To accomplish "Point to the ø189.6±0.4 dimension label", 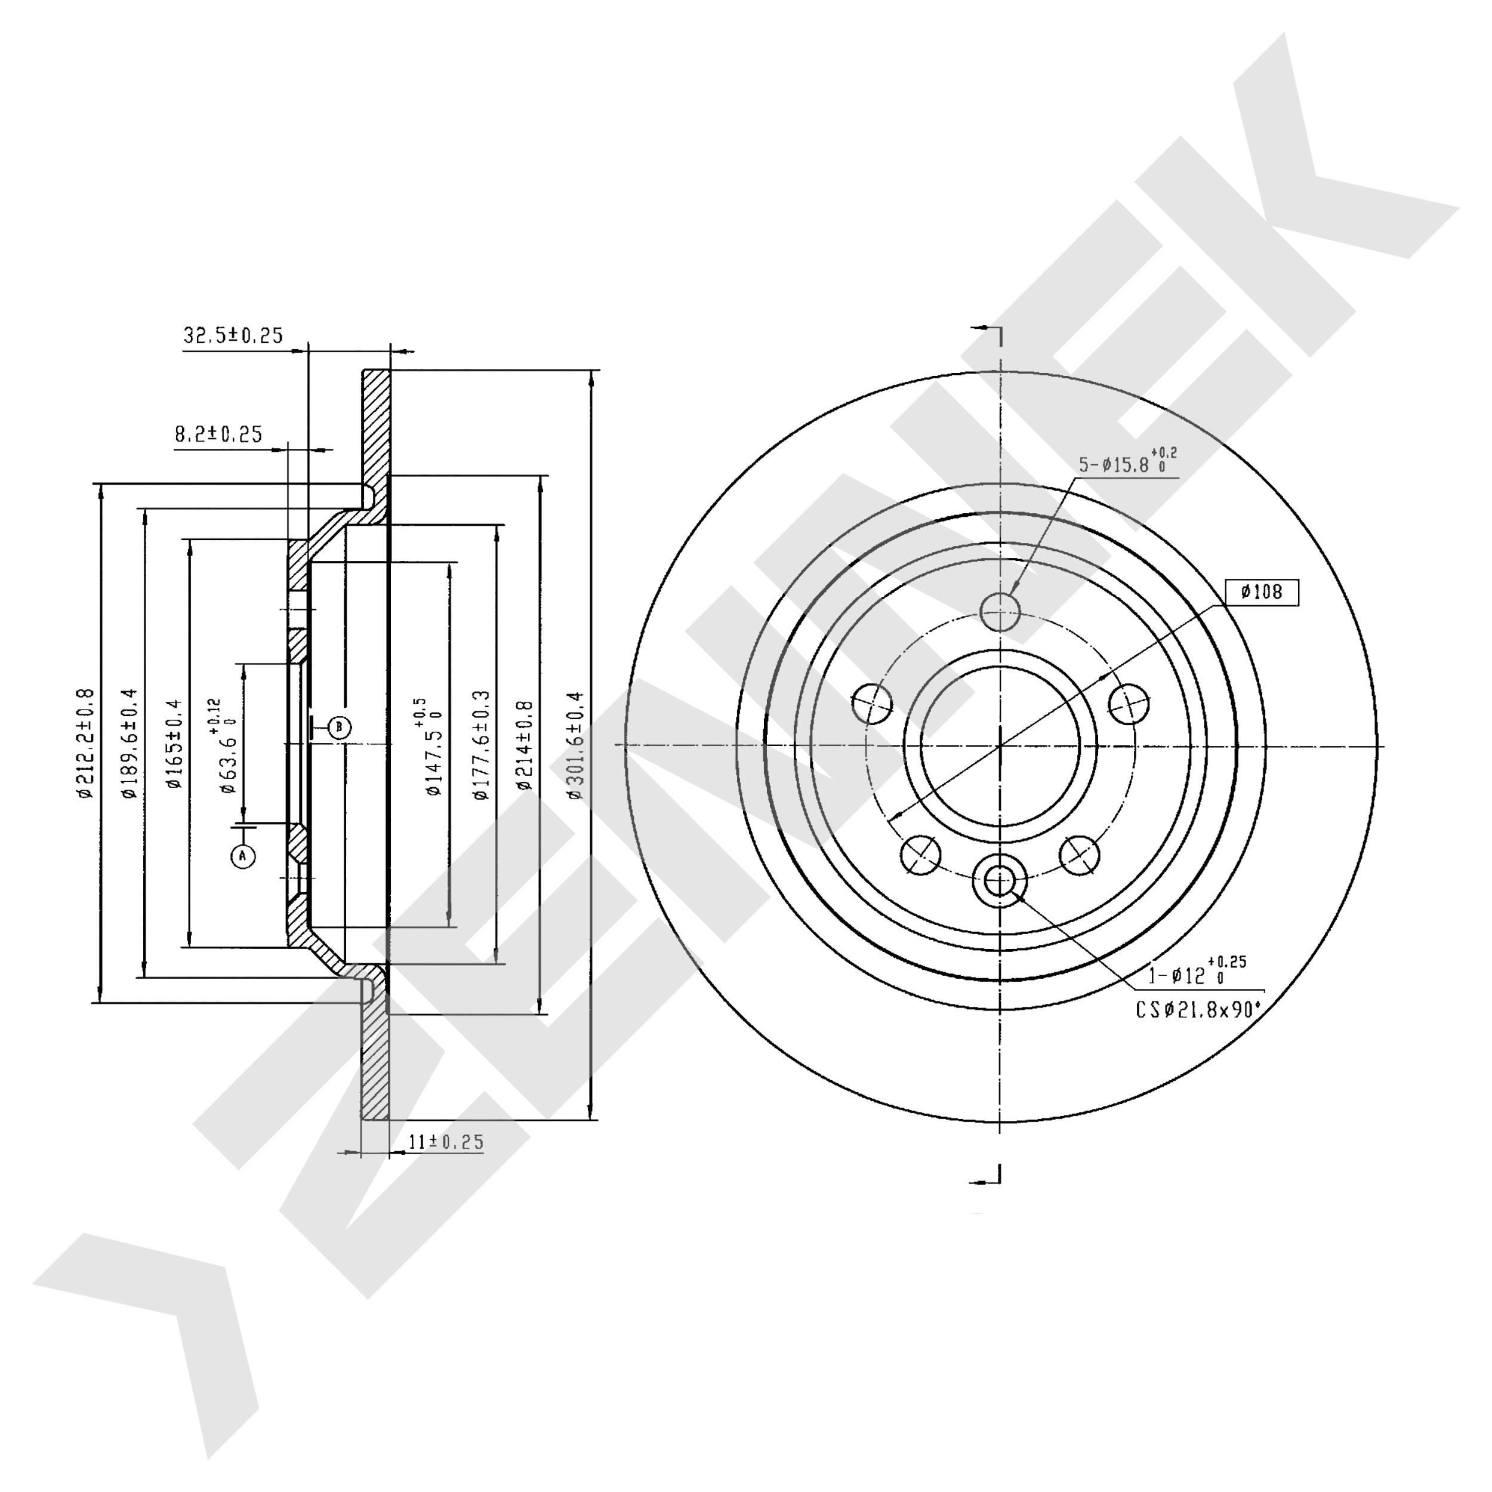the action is [129, 743].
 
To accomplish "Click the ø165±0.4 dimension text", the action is [174, 743].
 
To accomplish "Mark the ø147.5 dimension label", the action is [427, 746].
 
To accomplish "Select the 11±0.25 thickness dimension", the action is [446, 1142].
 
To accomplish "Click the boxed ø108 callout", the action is [1262, 592].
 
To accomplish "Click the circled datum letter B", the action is [339, 727].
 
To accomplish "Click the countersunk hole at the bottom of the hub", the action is [999, 879].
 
